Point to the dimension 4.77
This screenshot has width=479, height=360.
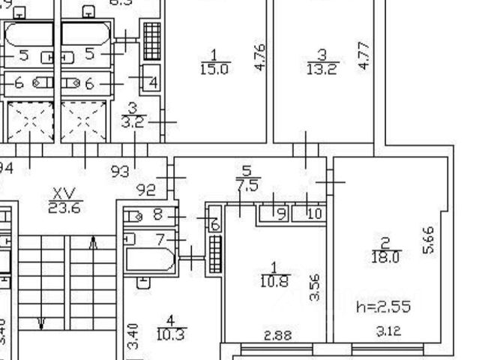click(364, 56)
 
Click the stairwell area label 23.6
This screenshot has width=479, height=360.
click(64, 208)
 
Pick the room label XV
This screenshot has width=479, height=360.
click(64, 193)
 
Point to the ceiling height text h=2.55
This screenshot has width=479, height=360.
click(384, 307)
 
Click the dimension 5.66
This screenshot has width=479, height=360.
click(429, 241)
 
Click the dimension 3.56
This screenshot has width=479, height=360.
click(316, 286)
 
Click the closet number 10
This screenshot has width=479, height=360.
click(314, 214)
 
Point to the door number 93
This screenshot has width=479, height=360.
click(120, 172)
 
